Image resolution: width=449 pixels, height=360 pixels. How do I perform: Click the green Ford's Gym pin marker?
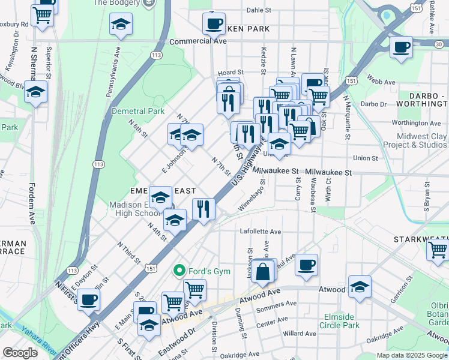tap(178, 271)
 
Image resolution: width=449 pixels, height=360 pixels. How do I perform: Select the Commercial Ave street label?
tap(198, 41)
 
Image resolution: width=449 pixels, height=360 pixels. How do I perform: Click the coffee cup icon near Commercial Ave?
tap(214, 24)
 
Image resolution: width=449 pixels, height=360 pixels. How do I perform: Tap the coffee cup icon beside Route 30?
tap(401, 46)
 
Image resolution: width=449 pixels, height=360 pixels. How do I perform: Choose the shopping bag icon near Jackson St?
tap(264, 271)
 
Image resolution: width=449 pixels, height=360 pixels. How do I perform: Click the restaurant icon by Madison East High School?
tap(203, 209)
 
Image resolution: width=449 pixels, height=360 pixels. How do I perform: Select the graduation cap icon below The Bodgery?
tap(120, 25)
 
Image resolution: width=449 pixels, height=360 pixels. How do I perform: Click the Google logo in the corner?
tap(20, 353)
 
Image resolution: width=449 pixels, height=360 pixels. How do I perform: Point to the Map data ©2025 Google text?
tap(411, 355)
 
